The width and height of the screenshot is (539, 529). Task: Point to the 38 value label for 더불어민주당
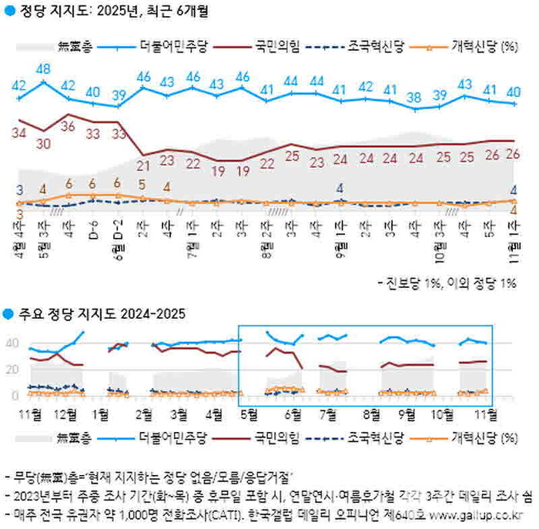415,97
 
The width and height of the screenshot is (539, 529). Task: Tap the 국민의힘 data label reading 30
44,143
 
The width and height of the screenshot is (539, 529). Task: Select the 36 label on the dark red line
69,126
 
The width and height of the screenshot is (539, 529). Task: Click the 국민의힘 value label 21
143,164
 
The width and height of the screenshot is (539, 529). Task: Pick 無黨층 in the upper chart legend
75,45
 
